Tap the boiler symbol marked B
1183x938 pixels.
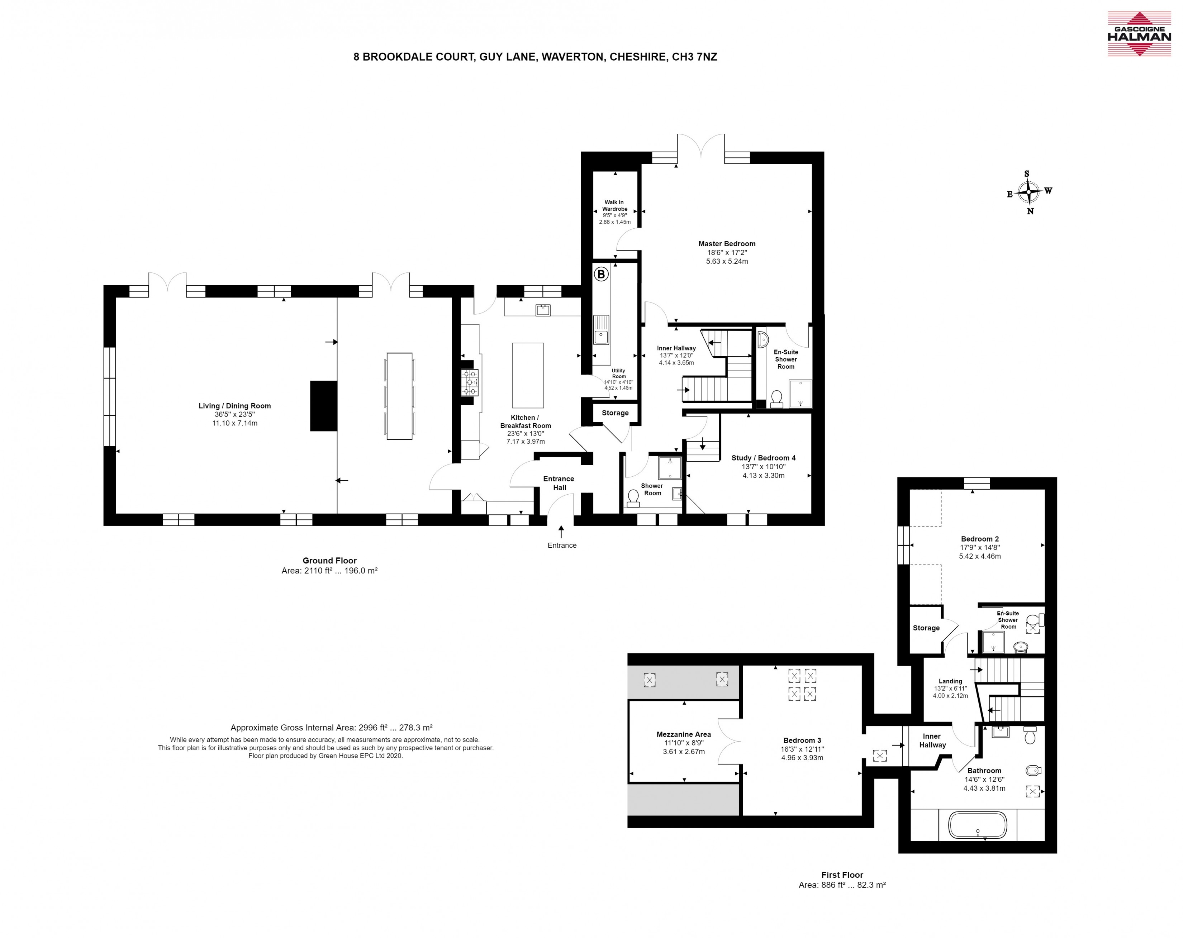(x=602, y=274)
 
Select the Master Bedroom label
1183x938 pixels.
(x=727, y=244)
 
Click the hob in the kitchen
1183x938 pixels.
(x=470, y=382)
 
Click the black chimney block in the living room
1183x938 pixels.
(x=324, y=406)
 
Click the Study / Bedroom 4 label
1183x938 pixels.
(x=763, y=457)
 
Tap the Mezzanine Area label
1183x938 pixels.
(x=684, y=734)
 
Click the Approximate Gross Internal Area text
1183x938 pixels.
(x=331, y=727)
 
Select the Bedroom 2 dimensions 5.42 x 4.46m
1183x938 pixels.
(x=980, y=556)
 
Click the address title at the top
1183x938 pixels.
(x=535, y=57)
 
